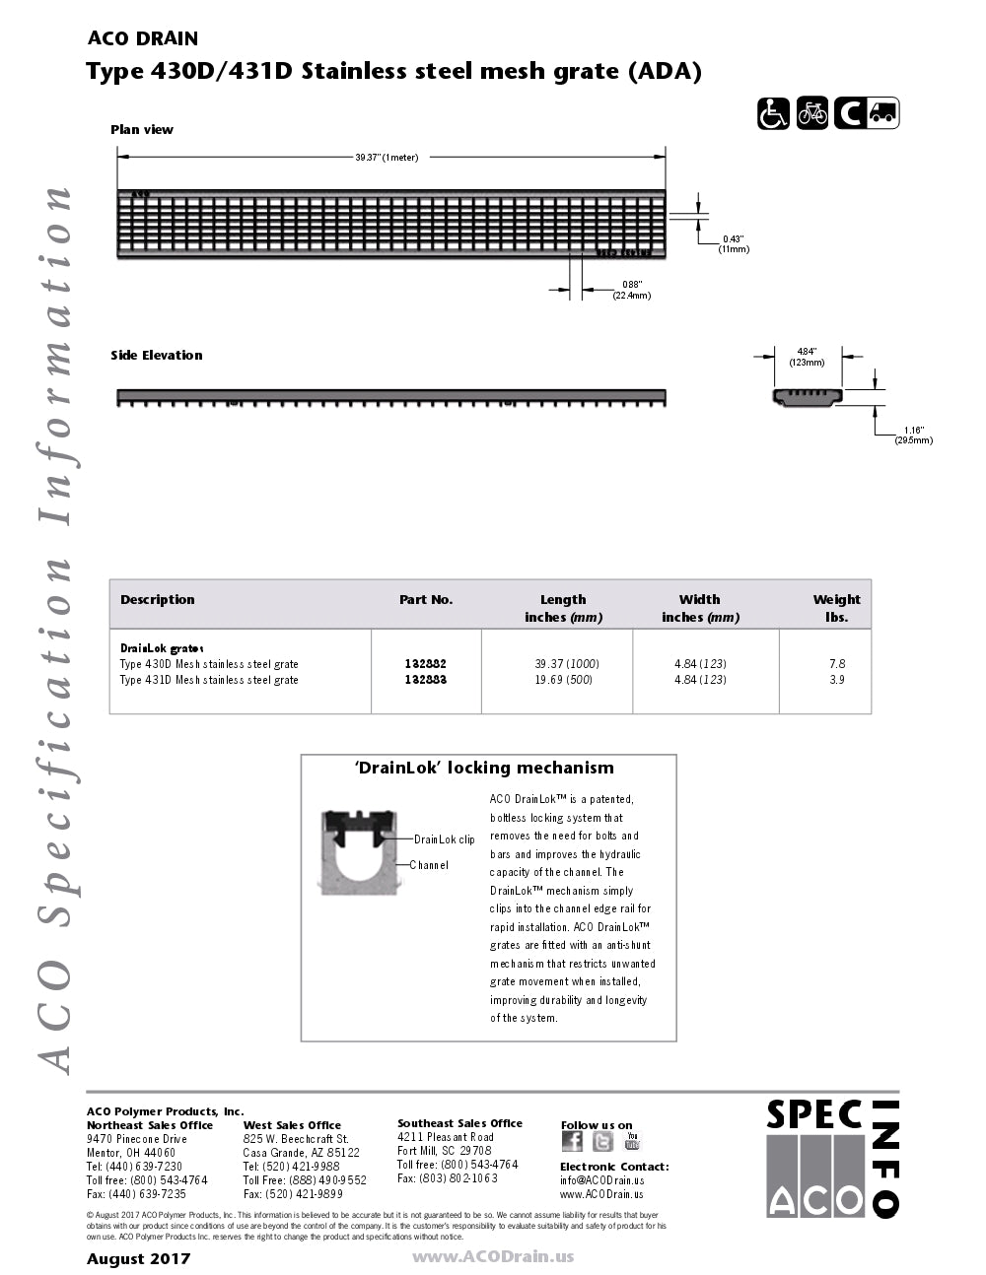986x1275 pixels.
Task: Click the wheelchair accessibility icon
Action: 773,114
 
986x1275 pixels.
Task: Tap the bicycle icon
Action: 812,114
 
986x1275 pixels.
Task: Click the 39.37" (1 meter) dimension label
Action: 387,158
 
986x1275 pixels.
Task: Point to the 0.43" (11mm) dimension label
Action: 734,243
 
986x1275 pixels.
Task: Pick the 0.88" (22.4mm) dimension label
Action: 631,290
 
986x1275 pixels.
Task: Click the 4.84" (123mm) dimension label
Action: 807,357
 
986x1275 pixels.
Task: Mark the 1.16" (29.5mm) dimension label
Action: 913,435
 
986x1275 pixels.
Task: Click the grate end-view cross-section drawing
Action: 808,397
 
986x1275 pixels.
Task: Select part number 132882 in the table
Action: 426,664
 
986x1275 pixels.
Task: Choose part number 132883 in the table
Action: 426,680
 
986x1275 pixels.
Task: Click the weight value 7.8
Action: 837,664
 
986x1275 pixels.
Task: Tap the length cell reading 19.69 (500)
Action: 563,680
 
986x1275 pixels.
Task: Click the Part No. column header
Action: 426,599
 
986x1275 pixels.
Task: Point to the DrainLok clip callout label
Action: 444,839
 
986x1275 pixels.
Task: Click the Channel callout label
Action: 429,865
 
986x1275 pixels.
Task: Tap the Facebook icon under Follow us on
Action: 572,1141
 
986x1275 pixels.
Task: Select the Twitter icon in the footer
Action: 602,1141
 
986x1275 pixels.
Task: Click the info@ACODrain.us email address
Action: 601,1180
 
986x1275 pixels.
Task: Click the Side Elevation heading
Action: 156,355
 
